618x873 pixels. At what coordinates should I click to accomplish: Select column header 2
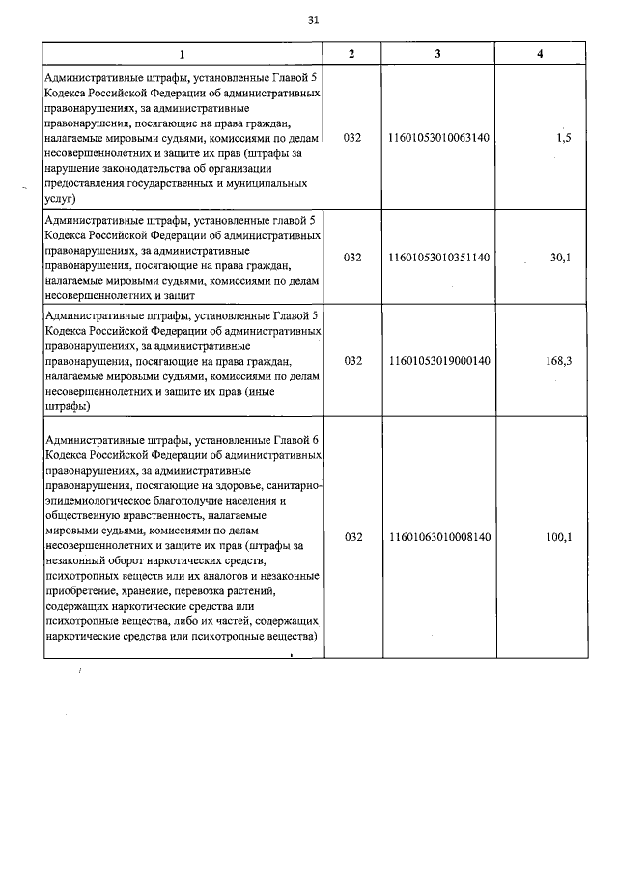coord(351,53)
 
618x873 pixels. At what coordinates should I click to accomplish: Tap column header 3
coord(437,53)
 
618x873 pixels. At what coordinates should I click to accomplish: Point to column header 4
coord(540,53)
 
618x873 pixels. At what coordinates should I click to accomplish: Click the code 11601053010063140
coord(438,138)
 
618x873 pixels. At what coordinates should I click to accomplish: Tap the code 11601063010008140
coord(438,537)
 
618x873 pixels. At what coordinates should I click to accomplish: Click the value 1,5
coord(564,138)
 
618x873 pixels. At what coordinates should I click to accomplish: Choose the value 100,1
coord(559,537)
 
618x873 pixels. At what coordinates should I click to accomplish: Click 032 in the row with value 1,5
coord(352,138)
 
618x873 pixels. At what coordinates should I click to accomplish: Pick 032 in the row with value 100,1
coord(352,537)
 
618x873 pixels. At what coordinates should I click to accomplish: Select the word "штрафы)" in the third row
coord(68,406)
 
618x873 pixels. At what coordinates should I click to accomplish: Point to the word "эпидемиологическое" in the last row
coord(98,502)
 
